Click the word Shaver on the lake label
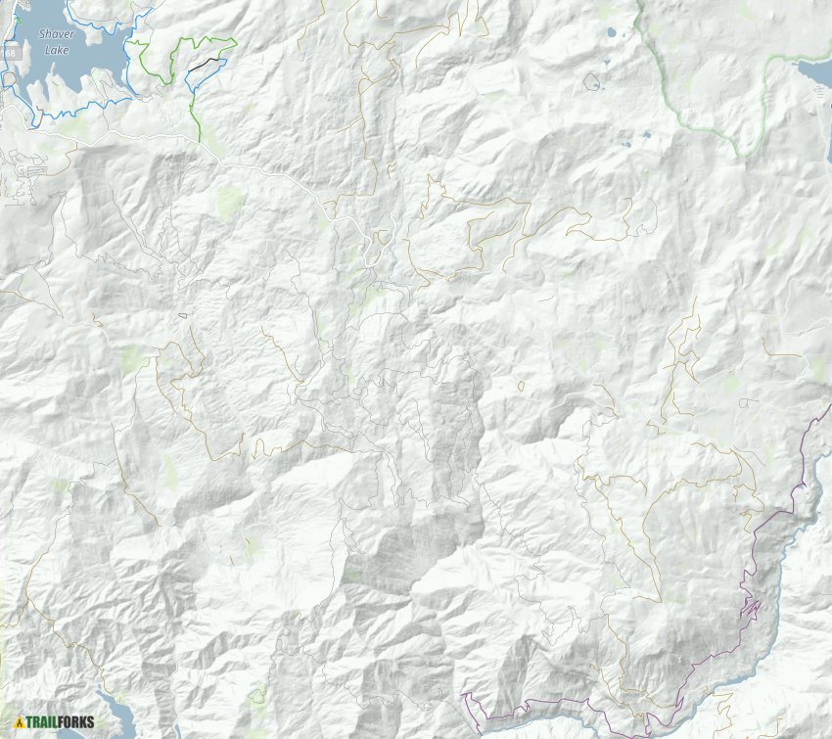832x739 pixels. pos(56,34)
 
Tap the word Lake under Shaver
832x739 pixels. pos(56,48)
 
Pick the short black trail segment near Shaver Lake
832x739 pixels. pos(205,64)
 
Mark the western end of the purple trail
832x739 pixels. pos(463,696)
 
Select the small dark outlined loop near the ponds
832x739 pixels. pos(592,83)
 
